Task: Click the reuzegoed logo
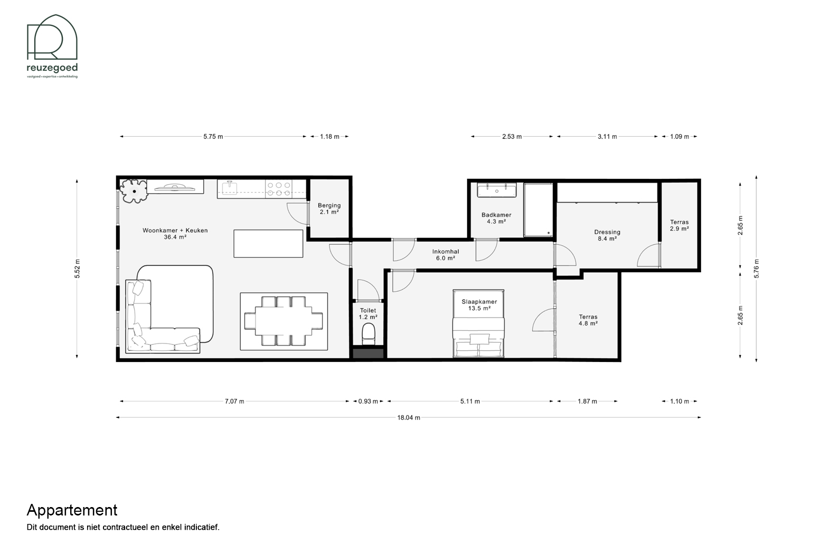coord(52,46)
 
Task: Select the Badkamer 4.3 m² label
coord(496,218)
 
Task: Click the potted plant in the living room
coord(134,191)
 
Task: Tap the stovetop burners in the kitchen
coord(279,189)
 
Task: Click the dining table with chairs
coord(283,321)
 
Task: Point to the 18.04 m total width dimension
coord(409,417)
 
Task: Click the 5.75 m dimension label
coord(213,137)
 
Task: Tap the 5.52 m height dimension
coord(77,269)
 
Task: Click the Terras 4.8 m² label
coord(588,320)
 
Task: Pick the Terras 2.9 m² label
coord(679,225)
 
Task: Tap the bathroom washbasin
coord(497,190)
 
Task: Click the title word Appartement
coord(72,511)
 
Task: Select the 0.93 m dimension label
coord(368,401)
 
